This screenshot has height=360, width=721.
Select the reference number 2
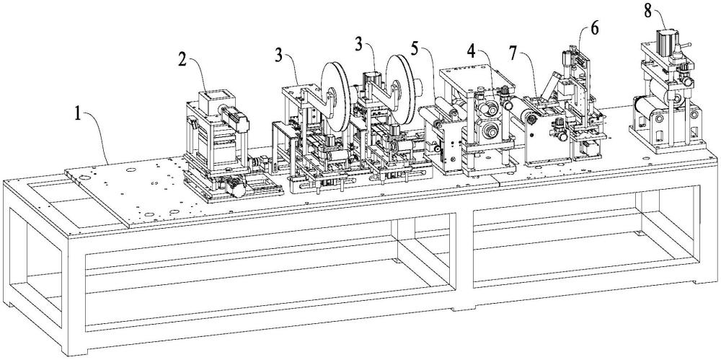(x=183, y=60)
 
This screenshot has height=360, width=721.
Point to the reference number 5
(x=415, y=48)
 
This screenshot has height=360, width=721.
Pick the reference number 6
(x=595, y=29)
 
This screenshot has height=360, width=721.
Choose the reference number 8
(x=647, y=11)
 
